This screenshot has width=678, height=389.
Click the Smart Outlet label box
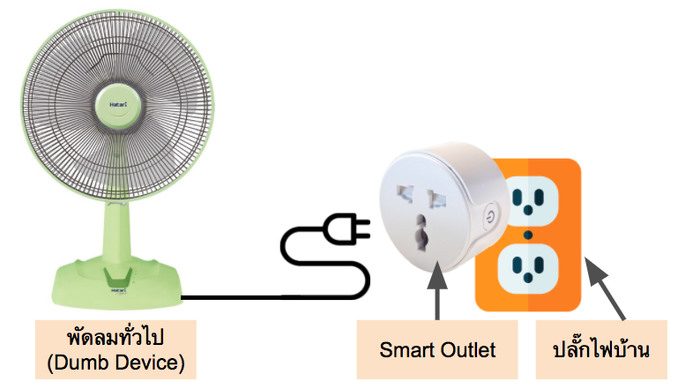(x=437, y=350)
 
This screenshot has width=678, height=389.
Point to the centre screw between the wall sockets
(x=527, y=234)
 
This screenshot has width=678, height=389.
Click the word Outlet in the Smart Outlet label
(x=466, y=350)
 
